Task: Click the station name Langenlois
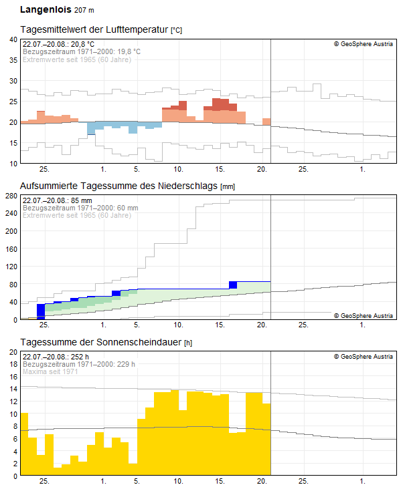point(46,10)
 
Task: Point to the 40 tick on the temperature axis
point(13,39)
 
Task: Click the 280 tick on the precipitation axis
point(11,196)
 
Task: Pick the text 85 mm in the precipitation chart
point(78,200)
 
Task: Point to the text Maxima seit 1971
point(51,371)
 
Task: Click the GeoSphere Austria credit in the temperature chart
point(364,44)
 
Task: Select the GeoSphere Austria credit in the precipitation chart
point(364,315)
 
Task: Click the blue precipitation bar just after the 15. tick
point(233,285)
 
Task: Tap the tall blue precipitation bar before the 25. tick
point(41,311)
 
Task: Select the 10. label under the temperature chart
point(179,170)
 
